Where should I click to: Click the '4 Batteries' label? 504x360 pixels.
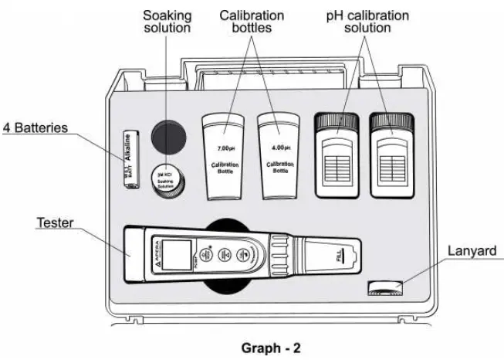[x=36, y=127]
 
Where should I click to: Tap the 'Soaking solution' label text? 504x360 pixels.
[x=166, y=22]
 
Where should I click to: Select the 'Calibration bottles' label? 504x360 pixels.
[x=251, y=22]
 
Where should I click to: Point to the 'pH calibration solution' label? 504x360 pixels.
[x=366, y=22]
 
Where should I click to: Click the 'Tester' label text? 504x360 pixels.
[x=55, y=223]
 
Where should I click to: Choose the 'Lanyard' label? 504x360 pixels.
[x=471, y=250]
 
